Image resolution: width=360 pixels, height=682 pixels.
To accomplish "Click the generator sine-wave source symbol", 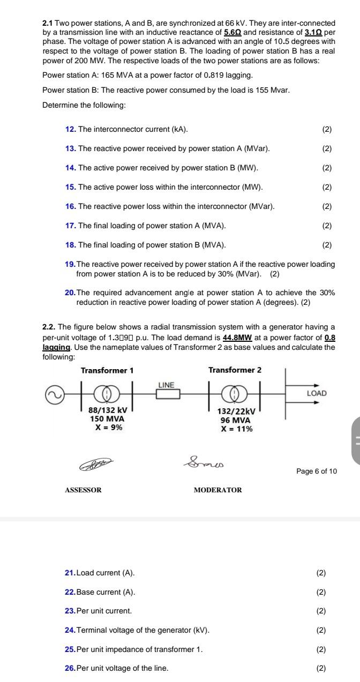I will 54,394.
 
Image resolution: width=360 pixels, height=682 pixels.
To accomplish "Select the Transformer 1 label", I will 107,370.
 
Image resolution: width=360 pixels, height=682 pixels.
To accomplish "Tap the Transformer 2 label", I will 235,370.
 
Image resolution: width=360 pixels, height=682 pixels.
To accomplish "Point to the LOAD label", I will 316,393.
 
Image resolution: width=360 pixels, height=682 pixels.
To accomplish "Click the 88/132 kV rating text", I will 107,410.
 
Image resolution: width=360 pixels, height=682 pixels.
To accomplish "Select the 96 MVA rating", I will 235,421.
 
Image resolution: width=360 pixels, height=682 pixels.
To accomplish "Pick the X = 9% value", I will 107,427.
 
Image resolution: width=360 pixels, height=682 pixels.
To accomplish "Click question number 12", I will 70,130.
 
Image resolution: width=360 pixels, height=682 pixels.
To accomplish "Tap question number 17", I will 70,226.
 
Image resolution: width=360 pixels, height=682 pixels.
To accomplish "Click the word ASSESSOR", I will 83,490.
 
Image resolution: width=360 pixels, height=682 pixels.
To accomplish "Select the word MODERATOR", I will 217,490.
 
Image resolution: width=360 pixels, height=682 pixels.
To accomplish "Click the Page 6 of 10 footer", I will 317,471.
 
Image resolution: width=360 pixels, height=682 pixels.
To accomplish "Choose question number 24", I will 70,630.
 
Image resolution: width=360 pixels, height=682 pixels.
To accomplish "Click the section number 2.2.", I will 49,327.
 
